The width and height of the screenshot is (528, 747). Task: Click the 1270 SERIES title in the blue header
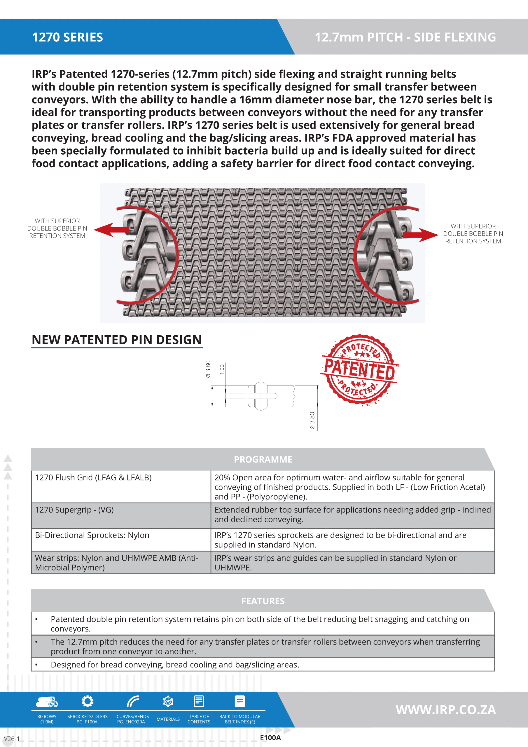pos(67,37)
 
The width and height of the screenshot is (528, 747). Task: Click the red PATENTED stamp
pos(359,370)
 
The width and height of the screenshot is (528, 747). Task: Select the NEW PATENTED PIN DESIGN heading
pos(117,340)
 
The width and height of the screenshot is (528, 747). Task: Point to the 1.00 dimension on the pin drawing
pos(222,369)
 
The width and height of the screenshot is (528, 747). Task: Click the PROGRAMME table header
pos(263,459)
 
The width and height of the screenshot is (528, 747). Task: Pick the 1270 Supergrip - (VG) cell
pos(74,510)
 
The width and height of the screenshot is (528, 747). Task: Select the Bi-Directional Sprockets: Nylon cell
pos(92,535)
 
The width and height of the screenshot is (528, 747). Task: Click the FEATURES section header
pos(263,601)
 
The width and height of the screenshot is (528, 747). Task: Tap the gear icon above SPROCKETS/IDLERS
pos(87,701)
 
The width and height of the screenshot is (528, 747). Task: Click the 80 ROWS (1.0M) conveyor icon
pos(47,702)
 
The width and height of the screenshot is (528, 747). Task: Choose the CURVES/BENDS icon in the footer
pos(133,701)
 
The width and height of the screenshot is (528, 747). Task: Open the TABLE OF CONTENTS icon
pos(199,701)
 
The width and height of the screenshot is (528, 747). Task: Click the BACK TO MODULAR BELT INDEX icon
pos(240,701)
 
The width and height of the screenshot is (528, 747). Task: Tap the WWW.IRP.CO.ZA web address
pos(445,710)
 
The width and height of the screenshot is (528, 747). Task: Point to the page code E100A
pos(270,738)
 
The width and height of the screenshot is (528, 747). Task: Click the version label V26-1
pos(12,739)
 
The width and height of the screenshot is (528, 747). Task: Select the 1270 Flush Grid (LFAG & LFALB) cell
pos(93,478)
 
